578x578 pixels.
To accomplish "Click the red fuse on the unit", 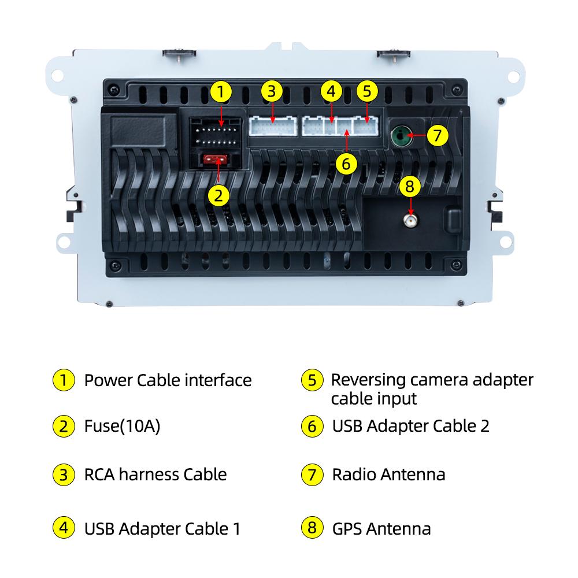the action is pyautogui.click(x=215, y=160).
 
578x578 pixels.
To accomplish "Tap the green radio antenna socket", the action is pyautogui.click(x=401, y=136).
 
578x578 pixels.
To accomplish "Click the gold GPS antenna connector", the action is pyautogui.click(x=410, y=221).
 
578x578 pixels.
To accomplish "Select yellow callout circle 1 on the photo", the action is pyautogui.click(x=221, y=91).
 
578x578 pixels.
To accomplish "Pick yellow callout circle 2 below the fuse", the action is pyautogui.click(x=218, y=195).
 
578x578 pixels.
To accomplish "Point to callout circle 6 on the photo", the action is pyautogui.click(x=346, y=164).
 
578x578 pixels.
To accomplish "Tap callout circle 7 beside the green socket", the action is pyautogui.click(x=438, y=135).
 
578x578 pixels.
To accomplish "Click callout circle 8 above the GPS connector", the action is pyautogui.click(x=410, y=186).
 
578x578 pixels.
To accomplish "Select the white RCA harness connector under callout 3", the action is pyautogui.click(x=273, y=127).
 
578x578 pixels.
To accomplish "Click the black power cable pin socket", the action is pyautogui.click(x=215, y=133).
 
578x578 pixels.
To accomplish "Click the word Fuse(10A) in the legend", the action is pyautogui.click(x=122, y=426).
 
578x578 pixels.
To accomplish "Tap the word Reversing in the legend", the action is pyautogui.click(x=368, y=380).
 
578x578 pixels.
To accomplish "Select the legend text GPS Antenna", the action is pyautogui.click(x=381, y=529).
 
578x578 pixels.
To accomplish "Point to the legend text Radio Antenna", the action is pyautogui.click(x=388, y=475).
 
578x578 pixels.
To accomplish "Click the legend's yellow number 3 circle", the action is pyautogui.click(x=64, y=475).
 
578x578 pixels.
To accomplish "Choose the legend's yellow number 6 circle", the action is pyautogui.click(x=312, y=426).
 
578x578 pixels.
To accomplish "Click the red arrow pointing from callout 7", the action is pyautogui.click(x=417, y=135).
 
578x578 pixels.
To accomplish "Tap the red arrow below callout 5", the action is pyautogui.click(x=367, y=113).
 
